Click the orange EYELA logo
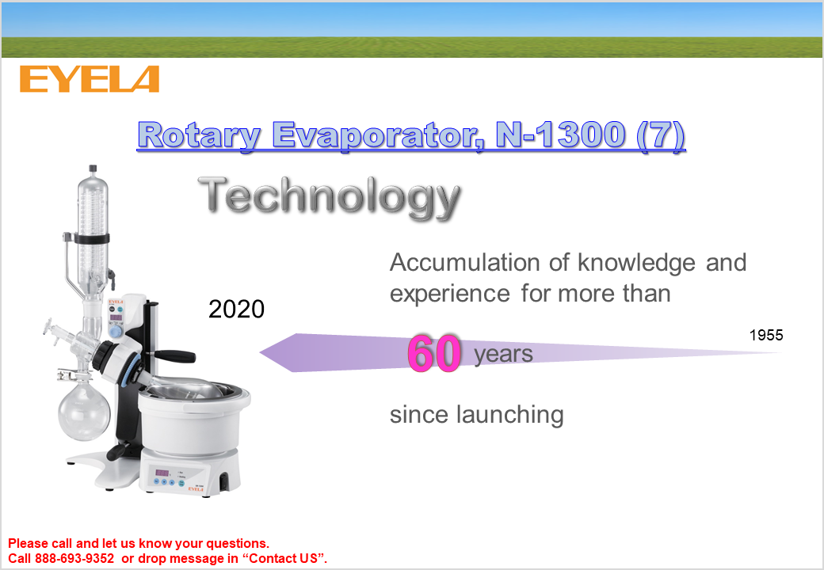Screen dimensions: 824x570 (90, 79)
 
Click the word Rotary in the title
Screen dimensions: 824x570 (199, 135)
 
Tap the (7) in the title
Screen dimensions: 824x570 (661, 135)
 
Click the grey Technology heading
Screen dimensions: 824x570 (330, 197)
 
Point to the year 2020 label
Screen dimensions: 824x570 (236, 309)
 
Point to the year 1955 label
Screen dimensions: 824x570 (766, 335)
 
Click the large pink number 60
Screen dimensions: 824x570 (435, 353)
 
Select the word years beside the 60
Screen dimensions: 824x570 (503, 355)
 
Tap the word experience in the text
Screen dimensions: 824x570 (450, 294)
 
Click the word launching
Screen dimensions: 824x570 (509, 415)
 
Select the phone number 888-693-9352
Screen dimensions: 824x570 (74, 558)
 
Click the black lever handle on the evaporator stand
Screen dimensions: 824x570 (176, 356)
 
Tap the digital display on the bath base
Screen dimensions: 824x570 (162, 473)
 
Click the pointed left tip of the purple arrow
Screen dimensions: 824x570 (261, 353)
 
